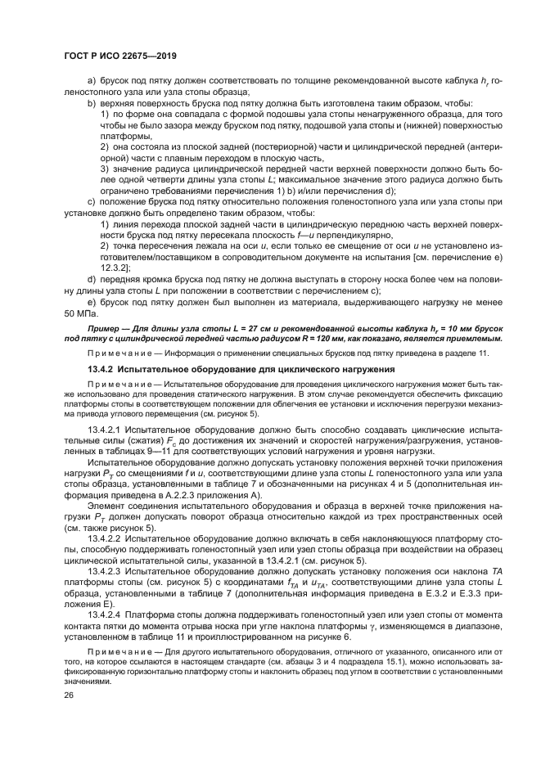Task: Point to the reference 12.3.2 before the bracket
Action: (x=113, y=268)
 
